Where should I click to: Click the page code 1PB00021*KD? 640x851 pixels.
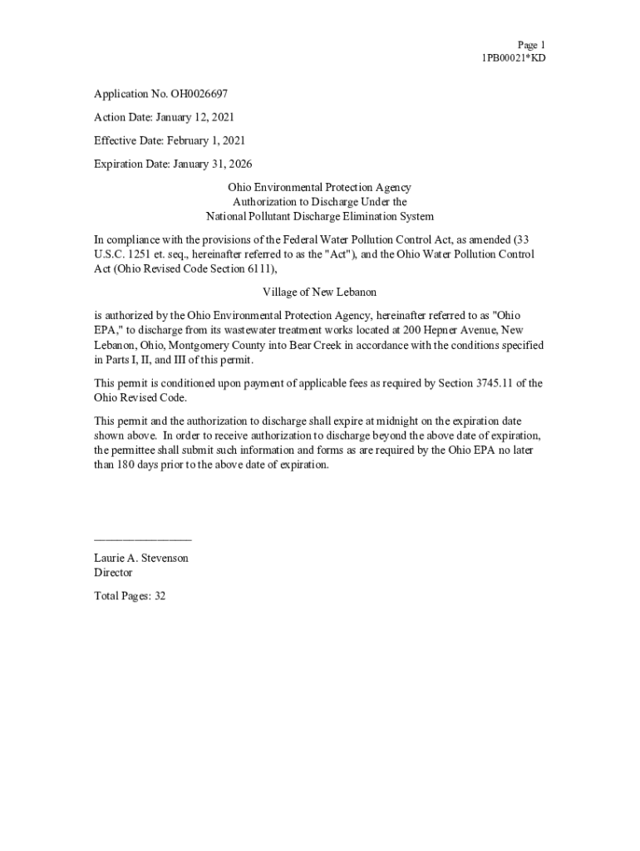513,58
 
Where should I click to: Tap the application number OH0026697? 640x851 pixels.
199,95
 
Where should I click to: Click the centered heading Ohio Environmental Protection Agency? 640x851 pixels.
320,189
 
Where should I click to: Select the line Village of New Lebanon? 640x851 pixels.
320,293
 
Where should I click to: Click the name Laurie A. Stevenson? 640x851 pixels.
141,558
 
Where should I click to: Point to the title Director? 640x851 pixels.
113,573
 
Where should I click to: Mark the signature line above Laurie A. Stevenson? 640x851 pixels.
143,540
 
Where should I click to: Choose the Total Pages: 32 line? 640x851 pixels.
130,596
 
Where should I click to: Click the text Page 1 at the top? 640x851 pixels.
531,44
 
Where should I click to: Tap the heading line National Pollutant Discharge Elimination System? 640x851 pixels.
320,217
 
